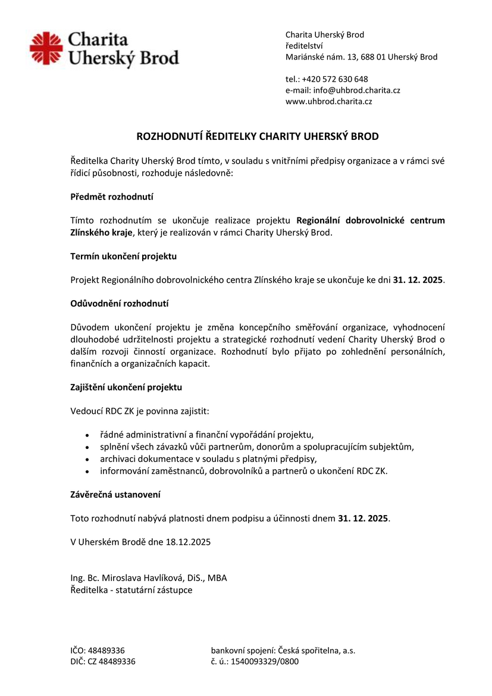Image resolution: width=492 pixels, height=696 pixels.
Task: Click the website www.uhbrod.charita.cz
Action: (328, 102)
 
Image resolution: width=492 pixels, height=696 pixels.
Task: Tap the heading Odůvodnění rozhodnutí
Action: (119, 304)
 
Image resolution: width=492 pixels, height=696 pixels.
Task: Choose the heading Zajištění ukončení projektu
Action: (126, 387)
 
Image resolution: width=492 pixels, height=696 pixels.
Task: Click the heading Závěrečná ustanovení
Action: (115, 494)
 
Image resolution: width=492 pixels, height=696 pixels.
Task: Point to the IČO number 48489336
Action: (106, 651)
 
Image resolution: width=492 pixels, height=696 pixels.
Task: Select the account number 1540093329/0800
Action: (265, 661)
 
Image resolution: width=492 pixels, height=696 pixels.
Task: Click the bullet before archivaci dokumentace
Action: (87, 459)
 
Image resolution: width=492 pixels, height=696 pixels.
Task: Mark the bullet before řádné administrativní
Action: (87, 434)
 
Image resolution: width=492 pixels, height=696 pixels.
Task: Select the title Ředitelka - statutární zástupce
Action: (131, 590)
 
